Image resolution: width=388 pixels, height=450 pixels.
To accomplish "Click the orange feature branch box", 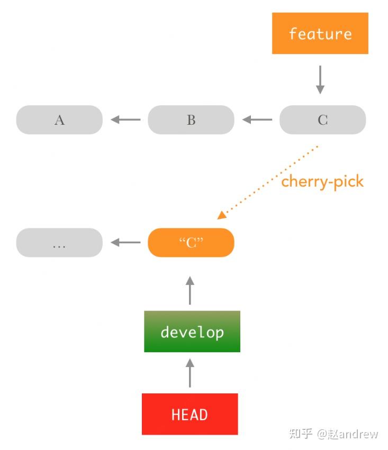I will click(320, 33).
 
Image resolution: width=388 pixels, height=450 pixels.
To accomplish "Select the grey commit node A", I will click(59, 120).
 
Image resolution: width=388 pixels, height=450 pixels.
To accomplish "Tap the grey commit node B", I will click(191, 120).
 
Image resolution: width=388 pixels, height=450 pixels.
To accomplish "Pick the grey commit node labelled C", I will click(322, 120).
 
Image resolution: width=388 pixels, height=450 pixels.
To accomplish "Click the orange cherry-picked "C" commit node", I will click(191, 243).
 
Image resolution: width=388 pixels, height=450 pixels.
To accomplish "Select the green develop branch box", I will click(192, 332).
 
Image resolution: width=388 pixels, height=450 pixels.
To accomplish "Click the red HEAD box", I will click(190, 414).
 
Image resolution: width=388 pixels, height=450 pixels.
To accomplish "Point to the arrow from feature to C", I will click(320, 80).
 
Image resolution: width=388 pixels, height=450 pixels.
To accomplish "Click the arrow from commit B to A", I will click(125, 120).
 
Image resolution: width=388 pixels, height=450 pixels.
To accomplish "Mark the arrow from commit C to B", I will click(257, 120).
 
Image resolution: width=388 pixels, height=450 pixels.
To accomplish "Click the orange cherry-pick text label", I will click(322, 181).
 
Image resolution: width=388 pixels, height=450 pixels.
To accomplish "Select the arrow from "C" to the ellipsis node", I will click(125, 243).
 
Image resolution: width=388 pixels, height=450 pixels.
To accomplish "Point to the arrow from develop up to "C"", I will click(190, 290).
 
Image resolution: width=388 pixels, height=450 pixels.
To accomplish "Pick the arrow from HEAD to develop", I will click(190, 373).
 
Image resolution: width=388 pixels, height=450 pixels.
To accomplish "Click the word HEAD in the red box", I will click(190, 414).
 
